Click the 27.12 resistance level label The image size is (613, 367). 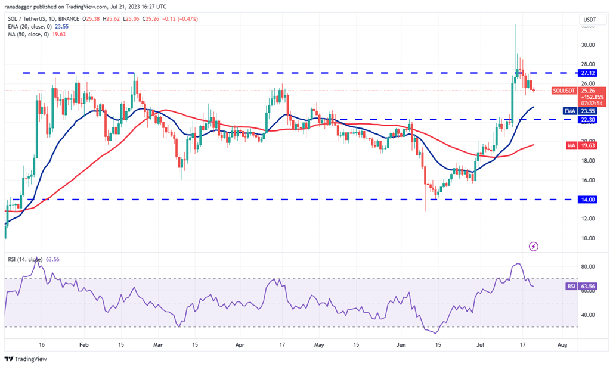tap(589, 73)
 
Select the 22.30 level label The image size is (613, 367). tap(589, 119)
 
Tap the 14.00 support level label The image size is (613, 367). tap(589, 200)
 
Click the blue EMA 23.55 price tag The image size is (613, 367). tap(589, 110)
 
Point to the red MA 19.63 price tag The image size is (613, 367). tap(589, 144)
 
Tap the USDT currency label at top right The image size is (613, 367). tap(589, 19)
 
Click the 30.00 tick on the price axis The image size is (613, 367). tap(588, 45)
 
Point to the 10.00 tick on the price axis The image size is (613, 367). tap(588, 238)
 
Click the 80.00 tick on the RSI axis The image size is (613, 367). tap(588, 266)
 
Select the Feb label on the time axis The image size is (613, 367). tap(84, 345)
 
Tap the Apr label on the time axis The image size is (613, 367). tap(240, 345)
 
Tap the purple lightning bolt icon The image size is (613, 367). tap(534, 246)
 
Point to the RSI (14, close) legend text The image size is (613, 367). tap(23, 260)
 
